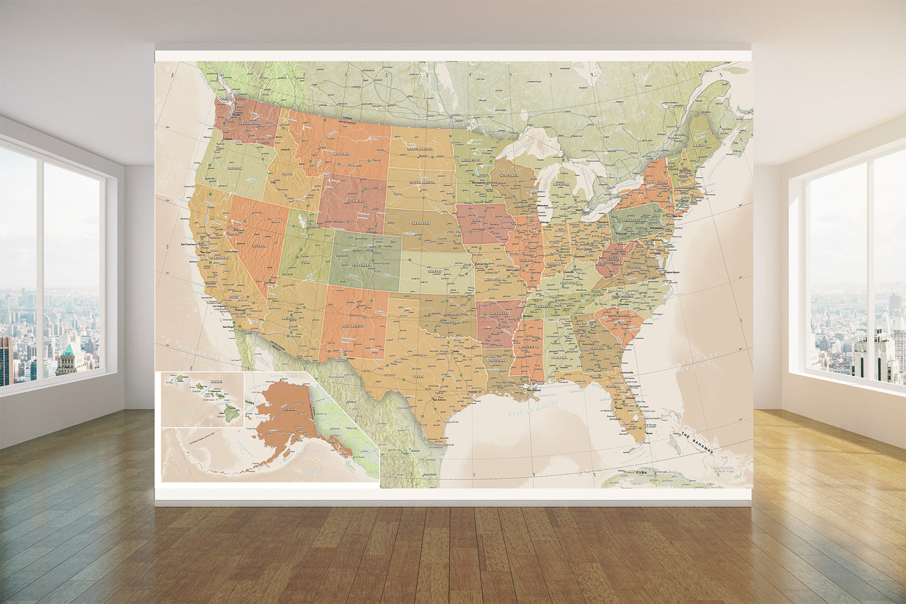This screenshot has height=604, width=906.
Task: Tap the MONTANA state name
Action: coord(342,153)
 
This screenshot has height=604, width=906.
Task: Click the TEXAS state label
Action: coord(419,375)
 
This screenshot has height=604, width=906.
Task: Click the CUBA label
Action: coord(641,473)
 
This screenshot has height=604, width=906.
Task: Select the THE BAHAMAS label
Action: coord(700,444)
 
